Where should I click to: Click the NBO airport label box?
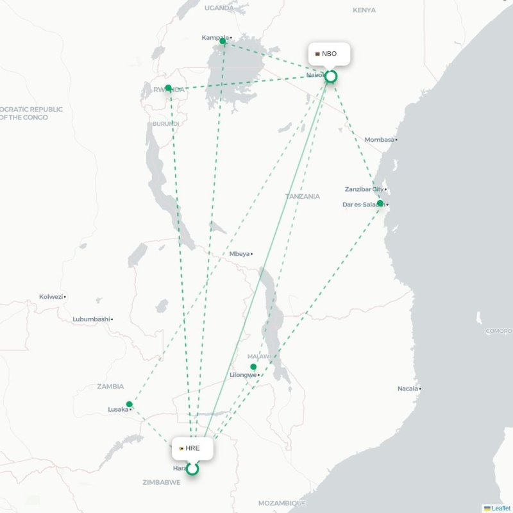(329, 54)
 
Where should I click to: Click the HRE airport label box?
(192, 448)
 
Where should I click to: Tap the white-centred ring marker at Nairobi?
(331, 77)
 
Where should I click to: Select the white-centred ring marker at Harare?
(192, 469)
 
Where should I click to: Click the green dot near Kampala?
(223, 41)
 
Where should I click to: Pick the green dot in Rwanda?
(168, 88)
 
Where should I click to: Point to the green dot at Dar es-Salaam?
(380, 203)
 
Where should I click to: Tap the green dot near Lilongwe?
(253, 367)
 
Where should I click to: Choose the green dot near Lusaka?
(130, 404)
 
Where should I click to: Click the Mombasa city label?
(380, 140)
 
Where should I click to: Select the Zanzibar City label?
(364, 189)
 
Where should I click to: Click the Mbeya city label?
(239, 254)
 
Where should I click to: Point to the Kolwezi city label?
(51, 297)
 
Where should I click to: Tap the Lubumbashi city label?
(91, 319)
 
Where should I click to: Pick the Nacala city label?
(407, 389)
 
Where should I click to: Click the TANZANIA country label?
(303, 196)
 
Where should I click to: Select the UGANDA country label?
(220, 8)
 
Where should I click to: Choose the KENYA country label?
(364, 10)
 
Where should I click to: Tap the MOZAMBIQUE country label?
(282, 503)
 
